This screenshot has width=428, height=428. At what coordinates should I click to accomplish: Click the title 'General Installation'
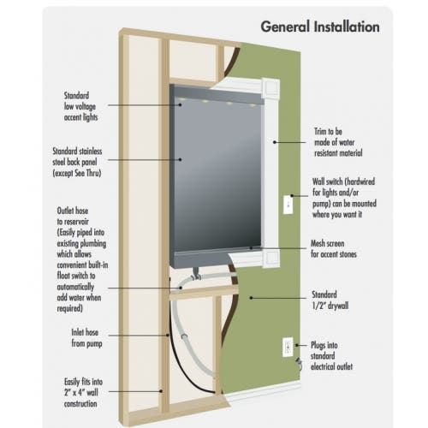(x=320, y=27)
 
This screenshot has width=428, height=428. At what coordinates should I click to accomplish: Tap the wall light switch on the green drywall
(x=288, y=205)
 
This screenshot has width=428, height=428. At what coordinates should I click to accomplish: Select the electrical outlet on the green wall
(x=288, y=347)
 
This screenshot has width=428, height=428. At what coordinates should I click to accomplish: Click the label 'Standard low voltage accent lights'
(x=80, y=106)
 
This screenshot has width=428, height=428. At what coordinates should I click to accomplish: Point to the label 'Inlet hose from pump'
(x=86, y=338)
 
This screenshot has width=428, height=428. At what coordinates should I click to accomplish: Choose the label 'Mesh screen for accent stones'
(x=334, y=249)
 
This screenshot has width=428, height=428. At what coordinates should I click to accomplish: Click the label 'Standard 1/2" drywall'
(x=330, y=300)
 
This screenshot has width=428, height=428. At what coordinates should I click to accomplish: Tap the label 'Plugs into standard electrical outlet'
(x=331, y=356)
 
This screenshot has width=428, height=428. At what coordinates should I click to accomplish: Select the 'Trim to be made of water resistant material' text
(x=338, y=142)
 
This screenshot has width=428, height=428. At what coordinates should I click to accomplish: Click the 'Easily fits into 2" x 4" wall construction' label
(x=83, y=393)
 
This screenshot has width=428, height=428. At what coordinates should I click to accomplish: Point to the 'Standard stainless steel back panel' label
(x=77, y=162)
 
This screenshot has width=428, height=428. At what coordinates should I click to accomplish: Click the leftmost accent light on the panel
(x=181, y=99)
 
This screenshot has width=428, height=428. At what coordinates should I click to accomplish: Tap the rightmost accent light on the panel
(x=253, y=105)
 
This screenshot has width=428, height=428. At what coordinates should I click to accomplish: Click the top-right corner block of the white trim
(x=270, y=87)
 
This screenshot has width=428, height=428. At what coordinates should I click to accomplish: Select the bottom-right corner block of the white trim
(x=271, y=258)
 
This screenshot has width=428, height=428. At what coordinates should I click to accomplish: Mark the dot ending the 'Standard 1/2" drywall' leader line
(x=251, y=298)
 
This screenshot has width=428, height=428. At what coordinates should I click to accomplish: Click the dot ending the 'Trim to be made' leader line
(x=275, y=142)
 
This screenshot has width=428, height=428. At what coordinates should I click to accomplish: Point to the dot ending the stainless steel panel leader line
(x=180, y=159)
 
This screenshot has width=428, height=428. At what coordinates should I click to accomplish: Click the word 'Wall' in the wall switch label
(x=318, y=181)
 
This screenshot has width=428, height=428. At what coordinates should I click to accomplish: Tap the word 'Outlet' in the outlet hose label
(x=65, y=211)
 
